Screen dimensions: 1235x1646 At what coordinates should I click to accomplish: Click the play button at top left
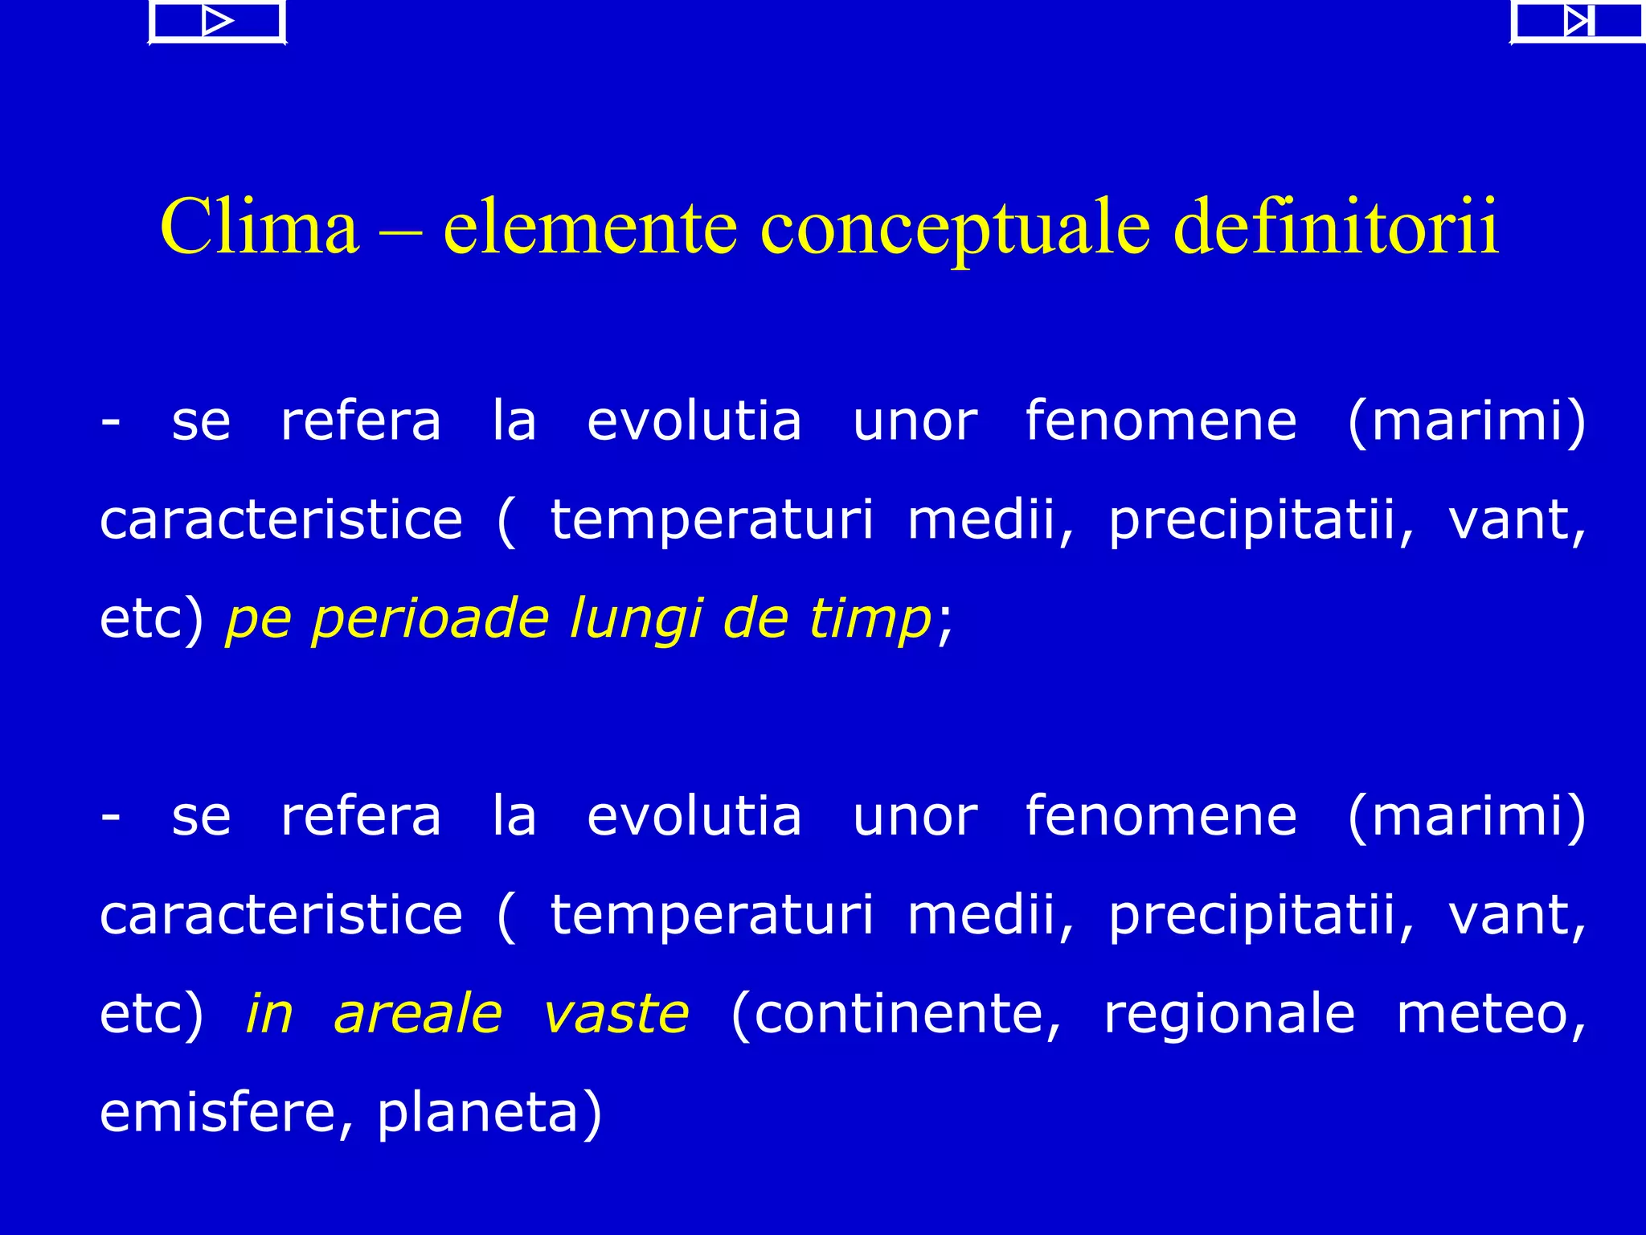coord(217,22)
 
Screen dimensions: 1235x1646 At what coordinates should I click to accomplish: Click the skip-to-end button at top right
coord(1577,22)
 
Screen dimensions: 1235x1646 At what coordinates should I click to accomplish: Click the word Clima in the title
coord(259,228)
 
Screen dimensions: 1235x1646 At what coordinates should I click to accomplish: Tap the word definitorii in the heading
coord(1336,228)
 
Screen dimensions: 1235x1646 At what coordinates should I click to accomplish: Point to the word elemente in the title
coord(590,228)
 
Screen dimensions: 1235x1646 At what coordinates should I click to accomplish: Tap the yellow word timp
coord(870,619)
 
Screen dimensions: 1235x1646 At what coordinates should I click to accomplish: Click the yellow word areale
coord(418,1013)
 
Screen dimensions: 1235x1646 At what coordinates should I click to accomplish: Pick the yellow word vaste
coord(616,1013)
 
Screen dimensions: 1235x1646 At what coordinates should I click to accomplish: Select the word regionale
coord(1229,1013)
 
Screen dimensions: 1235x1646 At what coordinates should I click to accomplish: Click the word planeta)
coord(489,1112)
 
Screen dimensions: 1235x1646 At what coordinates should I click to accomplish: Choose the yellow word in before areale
coord(269,1013)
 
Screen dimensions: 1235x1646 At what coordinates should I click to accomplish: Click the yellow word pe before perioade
coord(258,619)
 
